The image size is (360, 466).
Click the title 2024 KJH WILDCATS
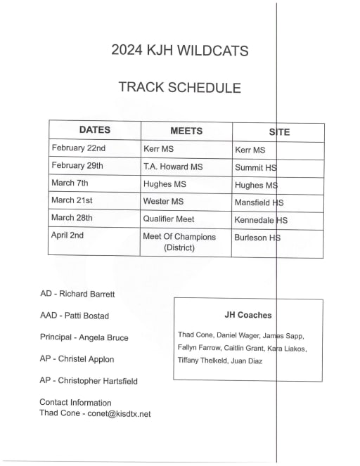[x=179, y=51]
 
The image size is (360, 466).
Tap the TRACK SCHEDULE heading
[x=179, y=88]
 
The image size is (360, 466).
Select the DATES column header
[x=94, y=130]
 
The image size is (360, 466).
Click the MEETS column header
[x=186, y=131]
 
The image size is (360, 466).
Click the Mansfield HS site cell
[x=259, y=202]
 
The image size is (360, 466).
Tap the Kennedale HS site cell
[x=261, y=220]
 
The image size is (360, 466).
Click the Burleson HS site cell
[x=257, y=238]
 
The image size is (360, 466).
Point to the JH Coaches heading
[x=247, y=316]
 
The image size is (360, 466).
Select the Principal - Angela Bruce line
[x=84, y=337]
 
